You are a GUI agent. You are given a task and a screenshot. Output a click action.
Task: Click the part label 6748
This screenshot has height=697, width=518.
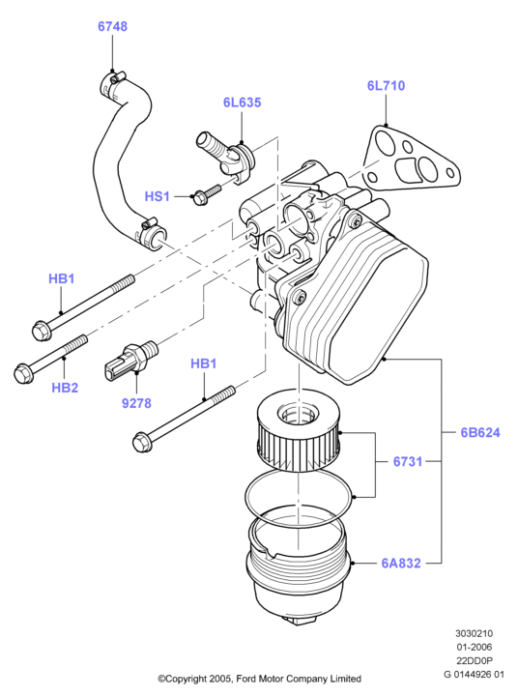tap(112, 27)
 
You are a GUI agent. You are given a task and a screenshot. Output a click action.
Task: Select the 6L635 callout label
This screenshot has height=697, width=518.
tap(243, 102)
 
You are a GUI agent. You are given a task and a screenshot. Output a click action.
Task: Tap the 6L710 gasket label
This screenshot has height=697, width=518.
tap(386, 85)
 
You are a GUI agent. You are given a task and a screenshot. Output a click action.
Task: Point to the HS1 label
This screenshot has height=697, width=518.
tap(158, 196)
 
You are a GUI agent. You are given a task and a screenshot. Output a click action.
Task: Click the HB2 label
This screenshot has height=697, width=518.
tap(65, 388)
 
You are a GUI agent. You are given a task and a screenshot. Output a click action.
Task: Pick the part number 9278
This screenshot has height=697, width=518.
tap(136, 403)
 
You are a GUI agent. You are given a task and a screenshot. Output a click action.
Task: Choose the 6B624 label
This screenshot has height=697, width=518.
tap(480, 432)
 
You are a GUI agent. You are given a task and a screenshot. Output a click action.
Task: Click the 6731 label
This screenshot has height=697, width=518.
tap(408, 461)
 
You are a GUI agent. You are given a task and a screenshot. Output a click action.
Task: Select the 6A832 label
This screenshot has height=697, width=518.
tap(401, 564)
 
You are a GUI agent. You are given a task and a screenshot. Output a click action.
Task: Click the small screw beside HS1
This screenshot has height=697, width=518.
tap(206, 194)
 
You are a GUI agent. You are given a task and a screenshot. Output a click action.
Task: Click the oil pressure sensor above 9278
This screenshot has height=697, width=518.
tap(130, 359)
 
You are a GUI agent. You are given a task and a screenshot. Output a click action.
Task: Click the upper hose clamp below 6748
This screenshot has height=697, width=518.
tap(112, 83)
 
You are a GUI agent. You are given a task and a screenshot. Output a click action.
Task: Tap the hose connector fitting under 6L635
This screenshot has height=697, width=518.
tap(225, 158)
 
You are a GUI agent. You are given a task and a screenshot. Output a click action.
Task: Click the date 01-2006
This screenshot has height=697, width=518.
tap(474, 647)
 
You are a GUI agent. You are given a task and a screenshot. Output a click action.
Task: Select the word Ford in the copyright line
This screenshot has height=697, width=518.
tap(245, 679)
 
